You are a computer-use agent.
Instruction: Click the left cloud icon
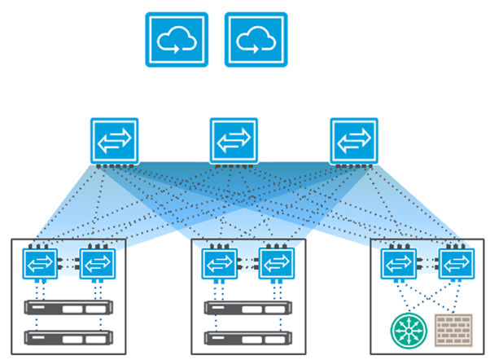[x=177, y=39]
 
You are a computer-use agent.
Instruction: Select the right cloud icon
[x=256, y=39]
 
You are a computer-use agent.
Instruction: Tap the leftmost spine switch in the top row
[x=115, y=141]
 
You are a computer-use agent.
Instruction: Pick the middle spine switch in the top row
[x=234, y=141]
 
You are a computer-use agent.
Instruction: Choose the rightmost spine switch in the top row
[x=354, y=141]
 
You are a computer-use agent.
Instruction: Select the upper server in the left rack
[x=69, y=309]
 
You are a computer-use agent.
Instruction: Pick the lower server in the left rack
[x=69, y=336]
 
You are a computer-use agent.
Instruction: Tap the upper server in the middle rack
[x=249, y=309]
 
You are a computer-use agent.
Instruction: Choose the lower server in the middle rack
[x=249, y=336]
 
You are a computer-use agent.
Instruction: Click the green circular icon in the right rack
[x=408, y=331]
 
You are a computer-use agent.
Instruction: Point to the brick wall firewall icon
[x=451, y=331]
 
